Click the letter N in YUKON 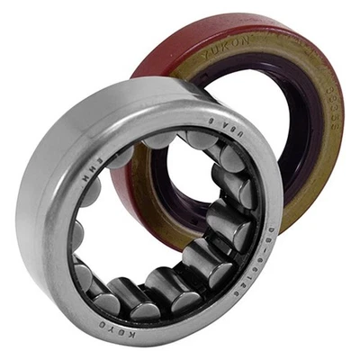tap(245, 51)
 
